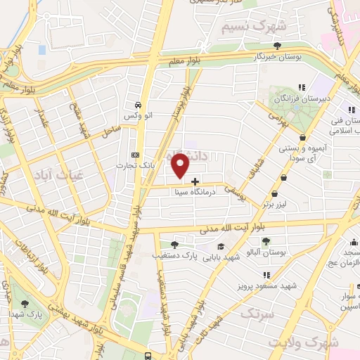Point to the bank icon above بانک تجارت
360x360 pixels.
click(x=136, y=155)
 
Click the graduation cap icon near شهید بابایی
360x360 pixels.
click(x=221, y=246)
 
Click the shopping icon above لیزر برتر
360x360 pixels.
click(x=283, y=178)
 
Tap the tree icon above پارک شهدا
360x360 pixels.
click(x=25, y=303)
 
